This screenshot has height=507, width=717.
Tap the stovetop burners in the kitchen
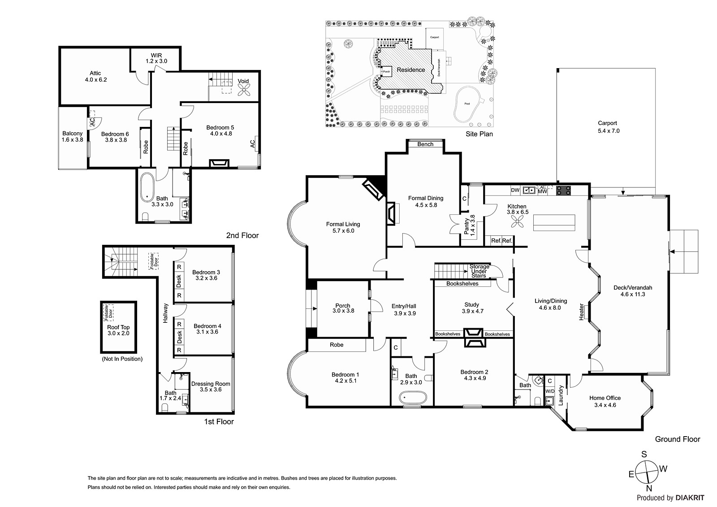tap(563, 191)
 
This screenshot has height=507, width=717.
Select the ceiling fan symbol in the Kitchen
tap(517, 221)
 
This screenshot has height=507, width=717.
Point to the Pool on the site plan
tap(467, 104)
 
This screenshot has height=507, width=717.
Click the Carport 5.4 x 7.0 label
tap(609, 127)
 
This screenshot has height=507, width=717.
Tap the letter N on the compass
tap(649, 497)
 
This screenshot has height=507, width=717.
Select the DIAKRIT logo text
tap(690, 498)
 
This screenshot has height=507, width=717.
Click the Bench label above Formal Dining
tap(425, 144)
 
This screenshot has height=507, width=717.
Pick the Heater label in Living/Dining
tap(581, 312)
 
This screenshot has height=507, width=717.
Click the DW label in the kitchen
tap(515, 190)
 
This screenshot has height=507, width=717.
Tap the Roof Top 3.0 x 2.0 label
tap(118, 330)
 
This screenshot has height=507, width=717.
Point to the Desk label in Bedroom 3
tap(179, 281)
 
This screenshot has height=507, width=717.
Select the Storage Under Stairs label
tap(479, 271)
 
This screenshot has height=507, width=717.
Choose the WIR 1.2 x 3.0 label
tap(156, 58)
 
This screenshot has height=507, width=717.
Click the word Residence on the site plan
tap(411, 70)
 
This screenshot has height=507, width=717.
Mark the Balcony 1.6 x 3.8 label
tap(72, 136)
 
